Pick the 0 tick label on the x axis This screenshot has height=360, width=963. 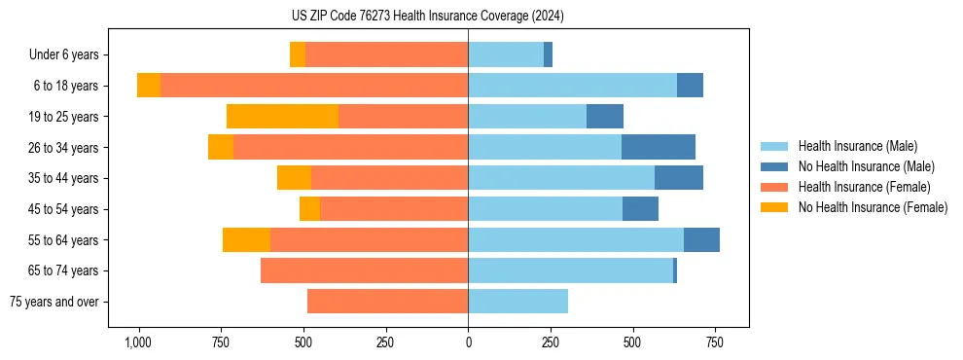468,342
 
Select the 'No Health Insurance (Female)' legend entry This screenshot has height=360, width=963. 873,207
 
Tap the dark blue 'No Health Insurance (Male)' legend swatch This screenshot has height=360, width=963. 774,166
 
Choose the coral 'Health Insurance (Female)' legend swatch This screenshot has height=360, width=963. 774,187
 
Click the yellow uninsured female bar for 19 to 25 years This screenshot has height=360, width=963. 282,117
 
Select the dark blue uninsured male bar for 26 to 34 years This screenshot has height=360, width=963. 659,148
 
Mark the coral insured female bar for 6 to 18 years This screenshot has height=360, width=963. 314,86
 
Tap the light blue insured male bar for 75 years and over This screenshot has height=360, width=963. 517,302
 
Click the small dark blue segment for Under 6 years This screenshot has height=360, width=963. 548,55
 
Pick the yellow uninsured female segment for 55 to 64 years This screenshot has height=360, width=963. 246,240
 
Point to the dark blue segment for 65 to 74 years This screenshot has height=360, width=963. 675,270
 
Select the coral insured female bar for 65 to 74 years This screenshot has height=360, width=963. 364,270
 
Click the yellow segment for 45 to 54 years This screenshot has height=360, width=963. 309,209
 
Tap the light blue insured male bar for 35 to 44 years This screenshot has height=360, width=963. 561,178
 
